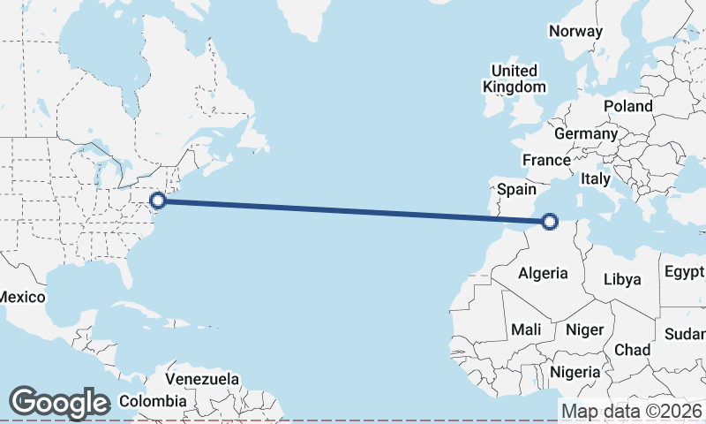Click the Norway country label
[575, 31]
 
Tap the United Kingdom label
[514, 79]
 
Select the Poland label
[628, 106]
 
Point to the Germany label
[586, 133]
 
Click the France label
[545, 160]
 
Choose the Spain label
[516, 188]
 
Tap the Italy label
[596, 178]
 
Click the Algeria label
[543, 273]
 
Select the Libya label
[622, 279]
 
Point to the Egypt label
[684, 270]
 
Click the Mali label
[527, 329]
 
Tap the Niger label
[584, 329]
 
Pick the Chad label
[632, 350]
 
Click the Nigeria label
[575, 372]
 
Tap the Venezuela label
[202, 379]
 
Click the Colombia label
[153, 401]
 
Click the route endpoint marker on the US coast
[158, 201]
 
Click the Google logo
[59, 403]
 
